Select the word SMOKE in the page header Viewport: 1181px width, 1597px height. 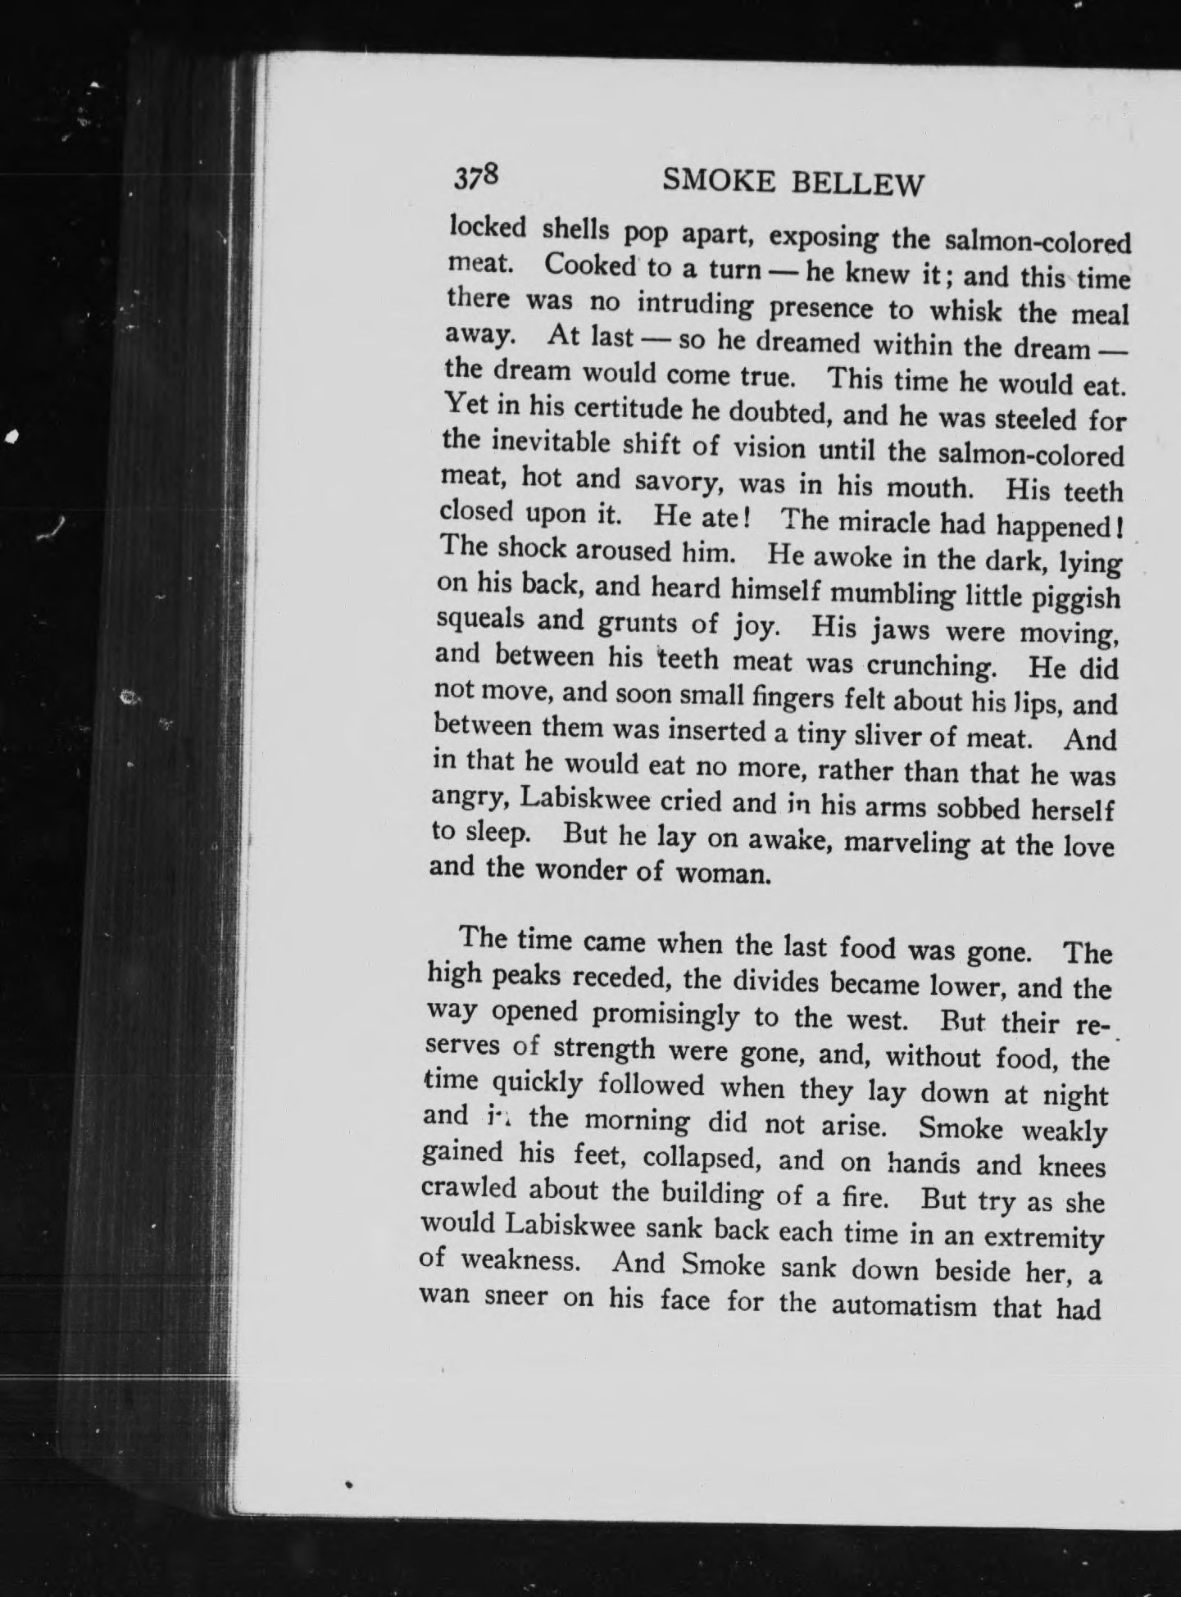click(x=719, y=180)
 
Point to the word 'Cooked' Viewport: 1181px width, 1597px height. click(x=591, y=265)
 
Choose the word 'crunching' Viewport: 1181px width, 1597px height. click(x=931, y=665)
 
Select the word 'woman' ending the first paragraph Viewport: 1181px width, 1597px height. click(x=722, y=873)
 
